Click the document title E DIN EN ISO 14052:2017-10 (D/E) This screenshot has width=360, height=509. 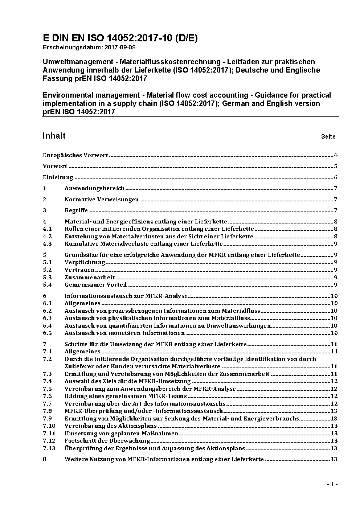click(120, 38)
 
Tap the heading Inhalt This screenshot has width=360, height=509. click(54, 136)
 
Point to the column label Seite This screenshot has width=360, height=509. click(328, 137)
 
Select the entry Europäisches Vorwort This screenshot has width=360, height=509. click(75, 155)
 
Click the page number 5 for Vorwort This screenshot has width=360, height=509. click(336, 167)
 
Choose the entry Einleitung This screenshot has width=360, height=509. click(58, 177)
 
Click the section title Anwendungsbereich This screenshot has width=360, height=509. click(94, 188)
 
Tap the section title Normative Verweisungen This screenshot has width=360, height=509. click(102, 200)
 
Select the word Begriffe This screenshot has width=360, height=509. click(76, 210)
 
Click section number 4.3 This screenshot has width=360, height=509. click(47, 244)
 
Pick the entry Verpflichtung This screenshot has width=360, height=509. click(85, 262)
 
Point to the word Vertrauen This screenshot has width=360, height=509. click(79, 270)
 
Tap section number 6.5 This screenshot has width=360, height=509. click(47, 333)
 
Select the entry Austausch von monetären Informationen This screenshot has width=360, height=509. click(124, 333)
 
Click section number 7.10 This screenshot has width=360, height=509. click(49, 426)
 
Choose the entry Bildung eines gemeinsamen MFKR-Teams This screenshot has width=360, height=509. click(126, 396)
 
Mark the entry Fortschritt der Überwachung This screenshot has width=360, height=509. click(107, 441)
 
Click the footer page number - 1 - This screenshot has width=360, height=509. click(332, 484)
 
